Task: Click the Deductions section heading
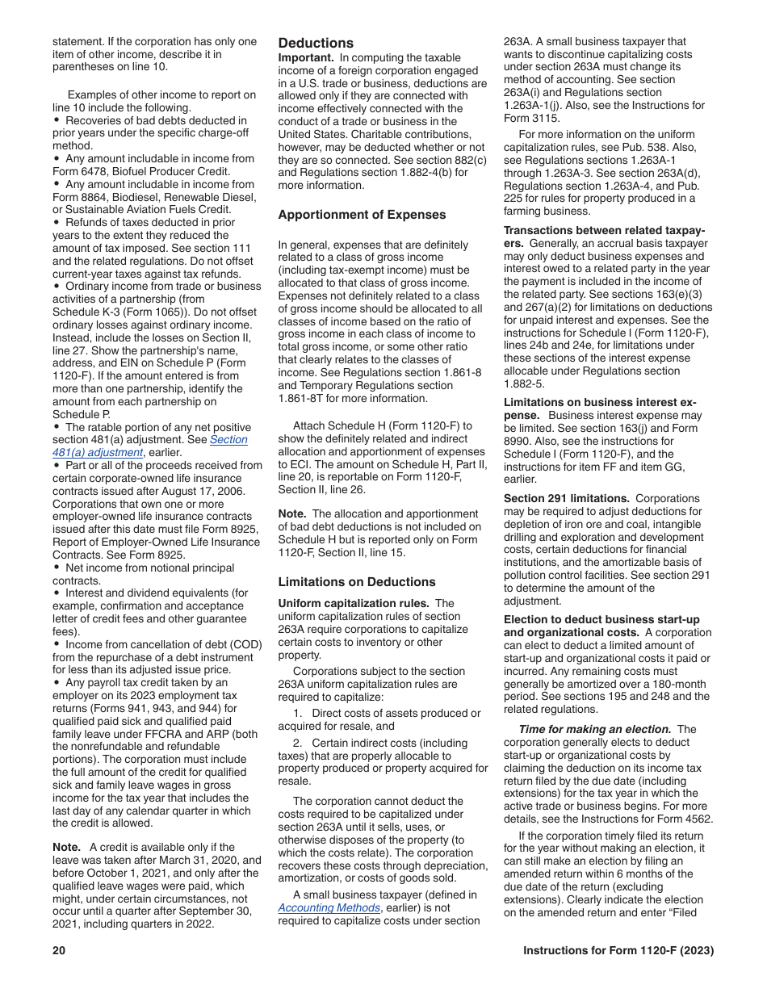[x=316, y=43]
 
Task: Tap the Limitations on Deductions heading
[x=356, y=581]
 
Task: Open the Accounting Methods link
[x=329, y=907]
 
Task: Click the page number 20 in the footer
[x=59, y=950]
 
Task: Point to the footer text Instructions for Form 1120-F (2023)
[x=618, y=950]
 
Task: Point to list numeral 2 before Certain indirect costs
[x=296, y=743]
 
